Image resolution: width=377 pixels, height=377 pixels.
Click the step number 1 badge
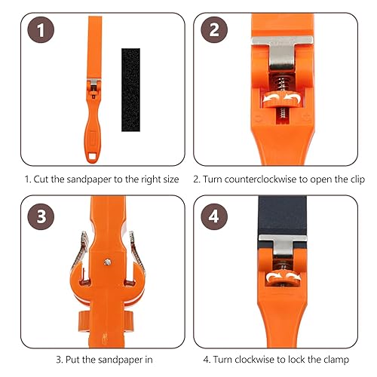point(41,30)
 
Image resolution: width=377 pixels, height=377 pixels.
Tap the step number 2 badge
point(214,30)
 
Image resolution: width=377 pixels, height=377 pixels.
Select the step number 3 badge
point(41,216)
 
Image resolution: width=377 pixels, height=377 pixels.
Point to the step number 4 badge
point(214,216)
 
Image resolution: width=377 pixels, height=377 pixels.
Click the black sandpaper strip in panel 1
point(130,90)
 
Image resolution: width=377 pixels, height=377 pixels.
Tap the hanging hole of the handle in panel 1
point(91,156)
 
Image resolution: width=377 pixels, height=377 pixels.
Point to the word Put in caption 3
point(72,360)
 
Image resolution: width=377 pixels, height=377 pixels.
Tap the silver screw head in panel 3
point(108,262)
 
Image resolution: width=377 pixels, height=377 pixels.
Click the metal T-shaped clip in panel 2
point(283,52)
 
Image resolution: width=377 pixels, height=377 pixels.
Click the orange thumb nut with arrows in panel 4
point(283,278)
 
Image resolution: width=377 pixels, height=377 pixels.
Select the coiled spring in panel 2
point(283,82)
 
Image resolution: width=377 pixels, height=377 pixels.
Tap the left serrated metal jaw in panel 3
point(80,254)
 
